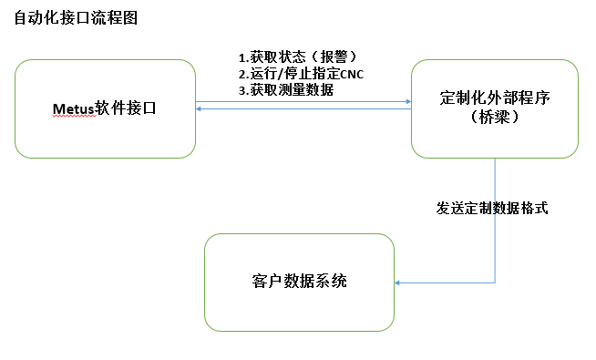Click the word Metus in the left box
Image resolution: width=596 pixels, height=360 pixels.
pos(74,110)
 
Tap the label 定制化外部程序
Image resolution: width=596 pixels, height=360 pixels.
pos(495,99)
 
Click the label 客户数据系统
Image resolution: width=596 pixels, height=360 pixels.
pos(298,281)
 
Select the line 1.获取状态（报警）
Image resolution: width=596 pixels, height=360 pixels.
pos(291,57)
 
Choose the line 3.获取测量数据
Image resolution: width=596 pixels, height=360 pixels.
pos(284,89)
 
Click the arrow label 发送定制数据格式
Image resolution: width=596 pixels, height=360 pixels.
pos(492,208)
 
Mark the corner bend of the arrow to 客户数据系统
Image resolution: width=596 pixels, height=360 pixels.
pos(495,283)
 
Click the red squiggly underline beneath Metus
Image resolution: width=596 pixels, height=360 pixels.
pos(74,118)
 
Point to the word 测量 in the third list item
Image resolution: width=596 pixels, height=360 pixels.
pos(290,89)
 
